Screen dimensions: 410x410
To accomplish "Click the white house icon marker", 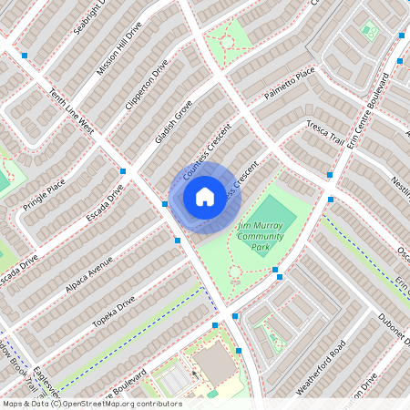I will point(205,196).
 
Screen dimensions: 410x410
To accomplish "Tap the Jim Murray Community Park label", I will point(262,235).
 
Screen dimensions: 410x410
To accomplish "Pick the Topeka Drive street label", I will point(113,312).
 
